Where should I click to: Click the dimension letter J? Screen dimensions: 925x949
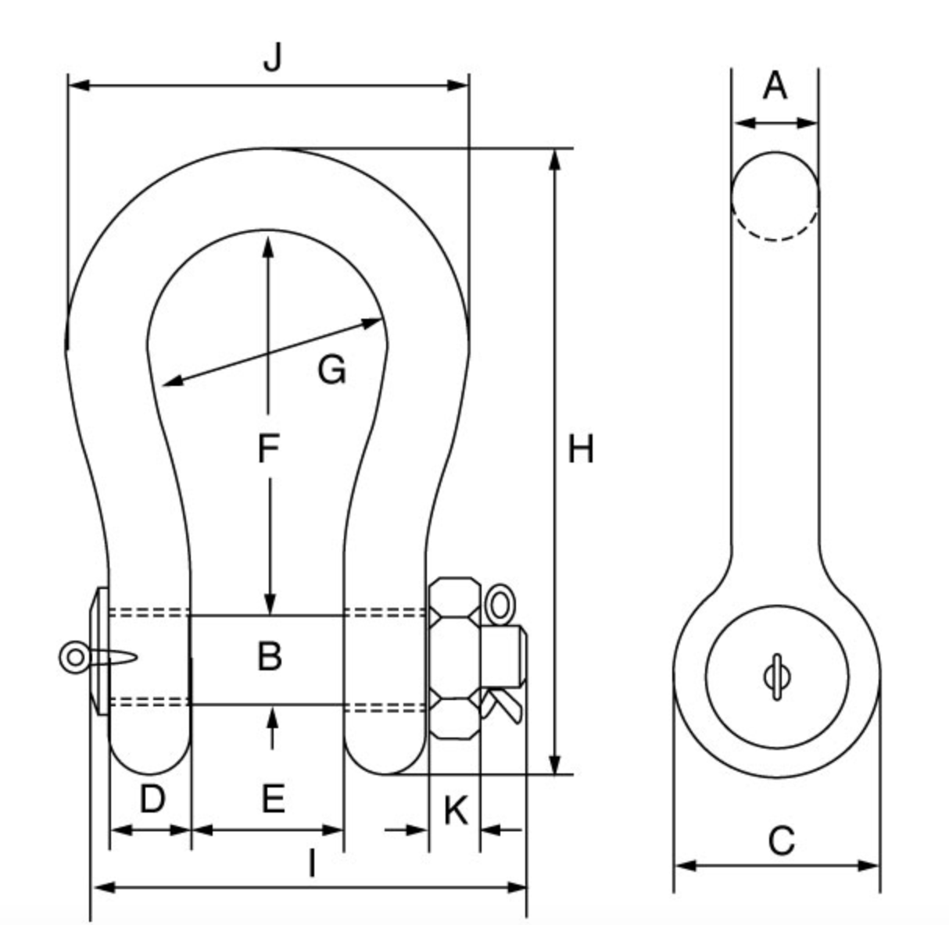271,58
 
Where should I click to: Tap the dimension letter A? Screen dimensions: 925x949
775,85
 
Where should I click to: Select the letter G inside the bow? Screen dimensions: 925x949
332,369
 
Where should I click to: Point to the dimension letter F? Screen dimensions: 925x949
268,449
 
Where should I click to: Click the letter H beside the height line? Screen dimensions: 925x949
581,450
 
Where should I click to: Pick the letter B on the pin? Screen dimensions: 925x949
270,656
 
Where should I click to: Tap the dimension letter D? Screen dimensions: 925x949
152,799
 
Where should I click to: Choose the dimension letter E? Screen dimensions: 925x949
272,799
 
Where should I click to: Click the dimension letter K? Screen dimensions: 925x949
455,810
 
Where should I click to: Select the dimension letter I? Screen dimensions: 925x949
312,864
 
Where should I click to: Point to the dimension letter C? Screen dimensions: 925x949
781,841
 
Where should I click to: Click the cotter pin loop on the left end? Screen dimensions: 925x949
74,656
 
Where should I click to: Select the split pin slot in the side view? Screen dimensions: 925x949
776,677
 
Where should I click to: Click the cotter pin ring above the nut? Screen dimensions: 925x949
499,605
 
